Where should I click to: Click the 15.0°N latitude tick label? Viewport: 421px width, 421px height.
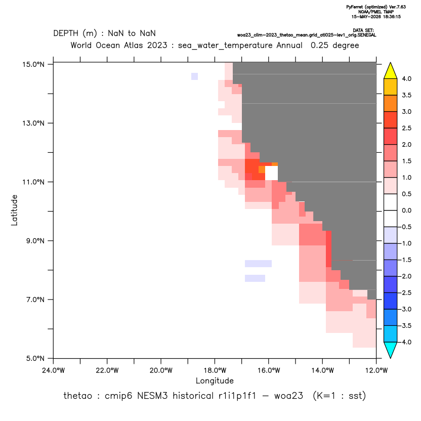[x=33, y=64]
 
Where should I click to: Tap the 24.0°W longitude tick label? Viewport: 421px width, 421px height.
[x=54, y=370]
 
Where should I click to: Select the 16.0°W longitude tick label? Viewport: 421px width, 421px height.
[x=269, y=370]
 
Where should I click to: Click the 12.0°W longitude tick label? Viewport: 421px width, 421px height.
[x=376, y=370]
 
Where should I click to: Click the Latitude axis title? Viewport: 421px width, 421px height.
[x=14, y=210]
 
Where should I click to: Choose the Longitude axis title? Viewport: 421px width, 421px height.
[x=215, y=381]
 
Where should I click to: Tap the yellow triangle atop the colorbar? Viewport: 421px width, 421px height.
[x=391, y=71]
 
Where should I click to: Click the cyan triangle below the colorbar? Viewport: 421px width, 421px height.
[x=391, y=350]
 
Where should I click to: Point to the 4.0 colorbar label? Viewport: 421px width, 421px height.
[x=406, y=78]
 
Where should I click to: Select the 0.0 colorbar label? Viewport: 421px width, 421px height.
[x=406, y=210]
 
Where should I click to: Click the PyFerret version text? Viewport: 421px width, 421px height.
[x=376, y=7]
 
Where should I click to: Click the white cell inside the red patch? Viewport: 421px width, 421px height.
[x=271, y=173]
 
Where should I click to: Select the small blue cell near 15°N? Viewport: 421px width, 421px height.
[x=195, y=76]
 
